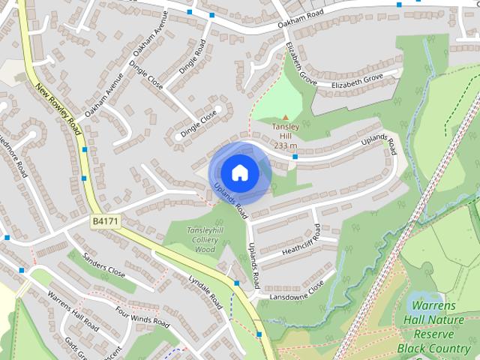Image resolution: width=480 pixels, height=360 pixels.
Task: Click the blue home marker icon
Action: [x=239, y=173]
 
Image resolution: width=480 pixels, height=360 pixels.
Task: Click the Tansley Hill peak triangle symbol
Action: [x=285, y=117]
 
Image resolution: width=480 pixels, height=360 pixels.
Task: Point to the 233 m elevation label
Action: [x=286, y=145]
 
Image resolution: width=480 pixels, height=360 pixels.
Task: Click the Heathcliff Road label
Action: [x=301, y=240]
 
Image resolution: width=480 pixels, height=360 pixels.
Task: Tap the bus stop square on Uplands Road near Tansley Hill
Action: [x=295, y=157]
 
